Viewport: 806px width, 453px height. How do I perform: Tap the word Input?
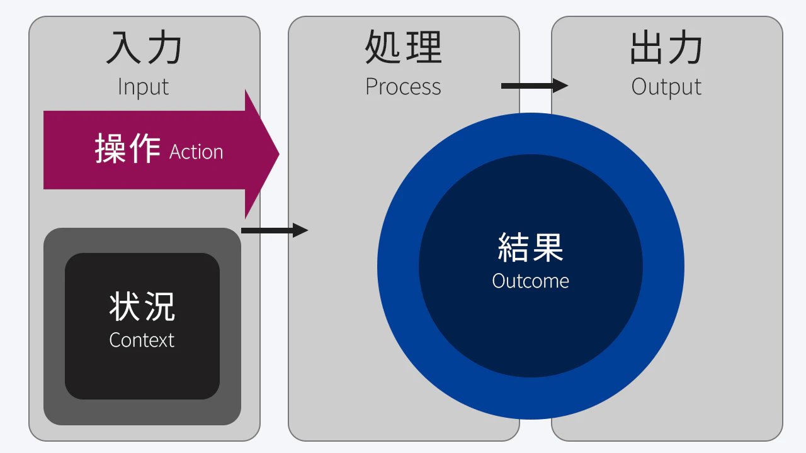click(x=144, y=87)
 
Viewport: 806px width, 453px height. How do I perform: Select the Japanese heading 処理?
click(x=404, y=48)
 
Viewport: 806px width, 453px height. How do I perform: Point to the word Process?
click(x=404, y=87)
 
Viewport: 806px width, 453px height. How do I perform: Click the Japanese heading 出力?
click(x=666, y=49)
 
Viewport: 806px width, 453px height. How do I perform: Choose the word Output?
click(x=666, y=87)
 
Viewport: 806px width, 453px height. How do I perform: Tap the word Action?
click(x=196, y=152)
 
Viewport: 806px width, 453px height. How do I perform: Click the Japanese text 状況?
click(x=142, y=306)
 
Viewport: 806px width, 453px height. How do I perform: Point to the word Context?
click(x=142, y=340)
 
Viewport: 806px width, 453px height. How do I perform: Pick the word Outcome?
click(x=531, y=281)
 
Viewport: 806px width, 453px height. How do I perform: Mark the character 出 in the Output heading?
click(x=647, y=49)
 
